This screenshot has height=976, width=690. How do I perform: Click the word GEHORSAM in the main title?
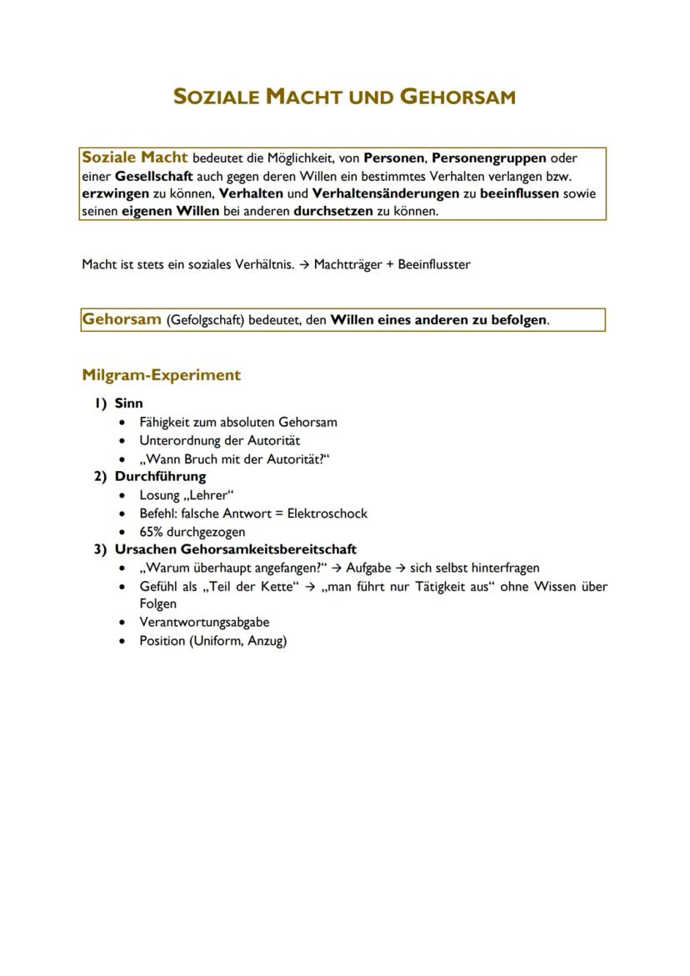(457, 97)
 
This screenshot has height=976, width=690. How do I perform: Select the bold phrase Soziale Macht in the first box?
(134, 157)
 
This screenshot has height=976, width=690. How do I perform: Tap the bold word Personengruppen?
(489, 158)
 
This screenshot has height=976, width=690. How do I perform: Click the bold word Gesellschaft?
(154, 176)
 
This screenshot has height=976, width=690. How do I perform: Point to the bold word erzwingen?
(115, 193)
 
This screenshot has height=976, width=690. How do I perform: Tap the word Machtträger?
(347, 264)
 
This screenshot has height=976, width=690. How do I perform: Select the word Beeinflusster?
(434, 264)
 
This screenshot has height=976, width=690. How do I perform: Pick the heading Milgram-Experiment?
(161, 375)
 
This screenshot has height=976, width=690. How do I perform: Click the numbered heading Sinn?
(128, 403)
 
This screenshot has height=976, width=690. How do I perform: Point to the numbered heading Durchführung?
(160, 477)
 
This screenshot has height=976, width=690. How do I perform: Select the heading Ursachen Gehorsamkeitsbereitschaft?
(236, 549)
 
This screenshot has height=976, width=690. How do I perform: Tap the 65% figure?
(151, 532)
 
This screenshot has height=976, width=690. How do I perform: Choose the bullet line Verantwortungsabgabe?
(204, 622)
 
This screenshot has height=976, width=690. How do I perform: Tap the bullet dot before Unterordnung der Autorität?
(123, 441)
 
